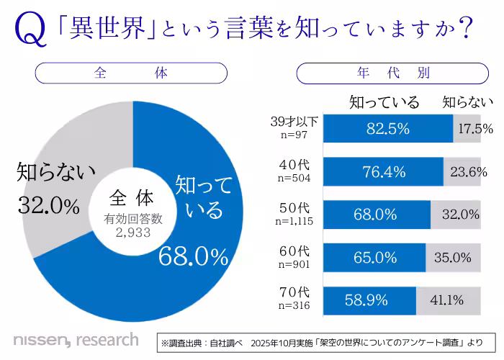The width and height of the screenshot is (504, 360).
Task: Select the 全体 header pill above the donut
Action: [x=131, y=73]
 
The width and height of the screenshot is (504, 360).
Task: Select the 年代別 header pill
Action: [x=393, y=73]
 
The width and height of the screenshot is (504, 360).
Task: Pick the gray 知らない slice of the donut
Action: [x=68, y=180]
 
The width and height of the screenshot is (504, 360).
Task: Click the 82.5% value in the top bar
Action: [x=387, y=129]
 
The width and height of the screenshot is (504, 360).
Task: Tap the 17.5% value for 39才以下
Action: [x=474, y=129]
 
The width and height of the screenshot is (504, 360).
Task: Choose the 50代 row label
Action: [x=294, y=208]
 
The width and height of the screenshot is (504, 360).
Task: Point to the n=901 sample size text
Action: [x=293, y=263]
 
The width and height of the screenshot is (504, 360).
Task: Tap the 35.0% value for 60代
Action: [x=453, y=257]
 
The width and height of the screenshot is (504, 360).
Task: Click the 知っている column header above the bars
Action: [x=384, y=102]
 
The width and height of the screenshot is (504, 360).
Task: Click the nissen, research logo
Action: [x=75, y=339]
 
